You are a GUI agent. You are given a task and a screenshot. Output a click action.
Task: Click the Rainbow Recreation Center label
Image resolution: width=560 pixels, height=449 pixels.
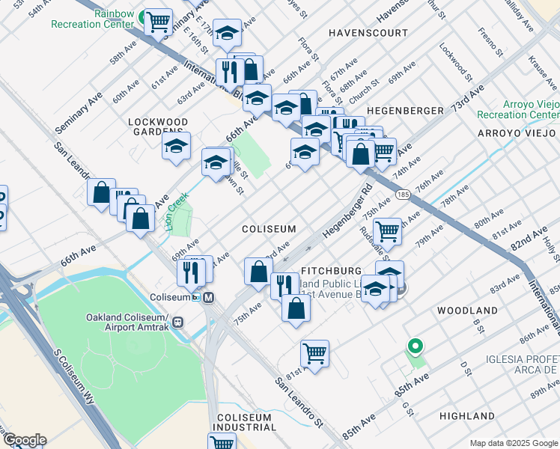point(93,19)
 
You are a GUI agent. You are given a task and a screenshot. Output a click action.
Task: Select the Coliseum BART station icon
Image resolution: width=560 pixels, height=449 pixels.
point(210,297)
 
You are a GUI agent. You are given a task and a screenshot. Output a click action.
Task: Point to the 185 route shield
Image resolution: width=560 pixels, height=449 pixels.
point(403,195)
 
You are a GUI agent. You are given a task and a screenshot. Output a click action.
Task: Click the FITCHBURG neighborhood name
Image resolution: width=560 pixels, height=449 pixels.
point(331,269)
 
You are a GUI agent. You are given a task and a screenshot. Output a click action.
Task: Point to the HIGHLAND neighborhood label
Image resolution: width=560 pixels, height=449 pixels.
point(467,416)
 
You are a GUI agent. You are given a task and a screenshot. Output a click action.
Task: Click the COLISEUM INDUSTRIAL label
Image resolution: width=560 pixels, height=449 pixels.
point(246,422)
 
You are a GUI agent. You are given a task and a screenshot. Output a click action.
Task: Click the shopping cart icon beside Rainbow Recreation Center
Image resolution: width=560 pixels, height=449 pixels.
point(158,22)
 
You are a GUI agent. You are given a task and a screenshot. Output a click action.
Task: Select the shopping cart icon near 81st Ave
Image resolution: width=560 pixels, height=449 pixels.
point(315,352)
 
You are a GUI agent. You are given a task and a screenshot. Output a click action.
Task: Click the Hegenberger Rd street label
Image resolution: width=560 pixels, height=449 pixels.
point(347,214)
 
